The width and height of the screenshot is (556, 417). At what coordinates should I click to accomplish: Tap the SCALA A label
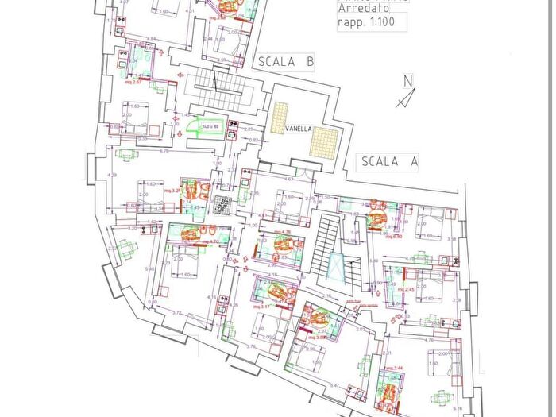pos(390,161)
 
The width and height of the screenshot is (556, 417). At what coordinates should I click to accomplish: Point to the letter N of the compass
pos(407,80)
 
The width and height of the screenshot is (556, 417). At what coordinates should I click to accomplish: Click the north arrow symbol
pos(406,98)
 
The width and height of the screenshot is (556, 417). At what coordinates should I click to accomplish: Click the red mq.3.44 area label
pos(394,369)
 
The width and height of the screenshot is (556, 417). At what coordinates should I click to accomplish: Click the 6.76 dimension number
pos(164,151)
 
